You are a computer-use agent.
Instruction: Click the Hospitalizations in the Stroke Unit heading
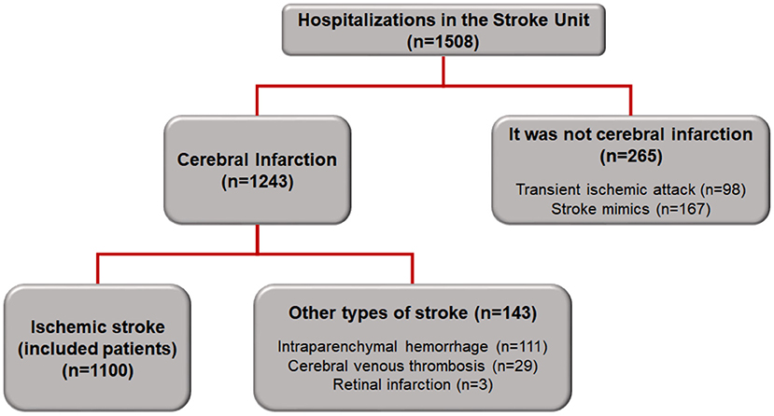point(443,21)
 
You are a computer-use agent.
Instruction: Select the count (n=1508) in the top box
point(443,42)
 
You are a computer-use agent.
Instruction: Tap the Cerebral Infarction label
point(257,159)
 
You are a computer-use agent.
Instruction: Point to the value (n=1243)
point(257,182)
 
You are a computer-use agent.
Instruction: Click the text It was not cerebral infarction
point(630,134)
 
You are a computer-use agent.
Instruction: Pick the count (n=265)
point(630,157)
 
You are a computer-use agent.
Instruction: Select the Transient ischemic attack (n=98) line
point(630,189)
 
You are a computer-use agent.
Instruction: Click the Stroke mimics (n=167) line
point(630,209)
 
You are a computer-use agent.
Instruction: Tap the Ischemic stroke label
point(98,327)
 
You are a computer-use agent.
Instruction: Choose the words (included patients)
point(98,349)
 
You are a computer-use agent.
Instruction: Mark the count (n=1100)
point(98,370)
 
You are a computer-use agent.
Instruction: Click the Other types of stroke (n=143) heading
point(412,313)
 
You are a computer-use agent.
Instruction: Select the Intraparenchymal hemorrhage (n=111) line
point(412,347)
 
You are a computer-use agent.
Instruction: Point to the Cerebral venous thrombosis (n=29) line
point(412,367)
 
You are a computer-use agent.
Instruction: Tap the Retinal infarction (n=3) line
point(412,385)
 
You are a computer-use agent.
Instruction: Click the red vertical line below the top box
point(443,71)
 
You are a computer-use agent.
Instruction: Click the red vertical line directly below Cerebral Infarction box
point(257,239)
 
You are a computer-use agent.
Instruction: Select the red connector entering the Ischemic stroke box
point(98,270)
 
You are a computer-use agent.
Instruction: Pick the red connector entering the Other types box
point(412,270)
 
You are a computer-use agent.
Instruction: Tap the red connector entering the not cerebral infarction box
point(630,101)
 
